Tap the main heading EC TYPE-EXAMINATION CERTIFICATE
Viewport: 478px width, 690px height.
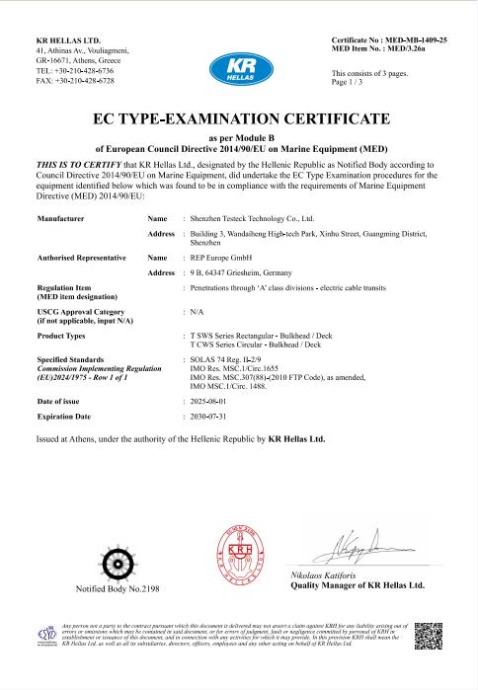tap(239, 119)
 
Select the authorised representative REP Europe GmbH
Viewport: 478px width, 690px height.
tap(222, 257)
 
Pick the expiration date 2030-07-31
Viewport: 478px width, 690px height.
tap(210, 418)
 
